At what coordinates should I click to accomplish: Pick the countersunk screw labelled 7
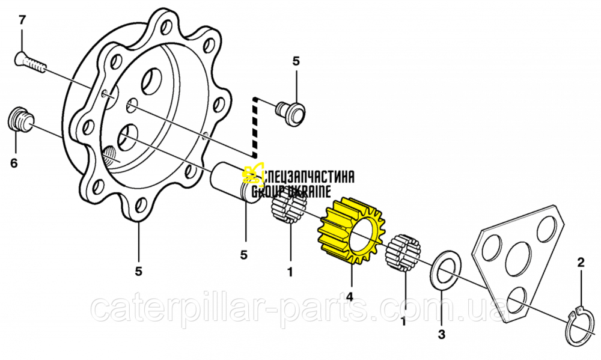point(30,63)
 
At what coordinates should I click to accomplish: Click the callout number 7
point(22,20)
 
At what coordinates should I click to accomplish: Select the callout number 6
point(14,163)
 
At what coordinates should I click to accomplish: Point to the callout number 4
point(349,296)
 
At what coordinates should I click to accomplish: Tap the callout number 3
point(442,335)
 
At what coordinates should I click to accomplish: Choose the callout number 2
point(581,263)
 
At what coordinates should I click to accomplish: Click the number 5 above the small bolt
point(296,61)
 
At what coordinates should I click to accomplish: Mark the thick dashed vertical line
point(254,127)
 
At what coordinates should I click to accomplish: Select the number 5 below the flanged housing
point(138,271)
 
